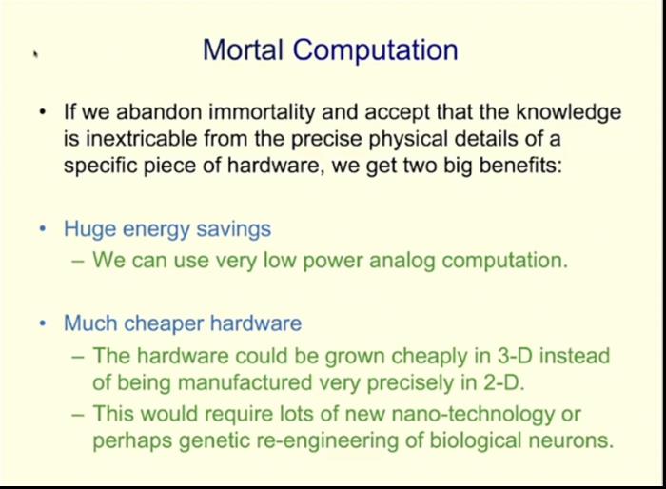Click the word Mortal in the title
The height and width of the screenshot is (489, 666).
click(244, 49)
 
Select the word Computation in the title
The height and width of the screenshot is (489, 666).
click(376, 51)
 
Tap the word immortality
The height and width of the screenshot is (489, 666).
click(262, 112)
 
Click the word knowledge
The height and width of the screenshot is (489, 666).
click(569, 112)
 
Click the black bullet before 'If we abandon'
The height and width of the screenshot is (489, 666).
click(42, 112)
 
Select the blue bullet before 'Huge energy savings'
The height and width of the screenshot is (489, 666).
click(42, 229)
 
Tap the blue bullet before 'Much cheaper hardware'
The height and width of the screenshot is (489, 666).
click(42, 323)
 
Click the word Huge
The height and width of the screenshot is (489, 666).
click(89, 229)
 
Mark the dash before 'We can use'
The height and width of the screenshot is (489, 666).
click(78, 261)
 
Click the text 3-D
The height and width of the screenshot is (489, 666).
click(515, 356)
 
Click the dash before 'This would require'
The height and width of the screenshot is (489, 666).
click(78, 414)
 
